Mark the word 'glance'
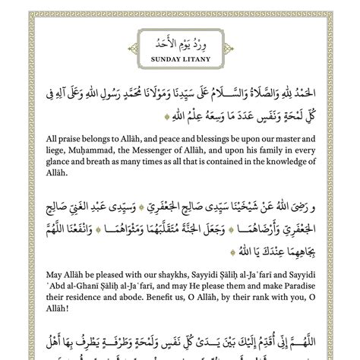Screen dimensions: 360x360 pyautogui.click(x=43, y=162)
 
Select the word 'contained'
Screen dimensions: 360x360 pyautogui.click(x=226, y=162)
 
